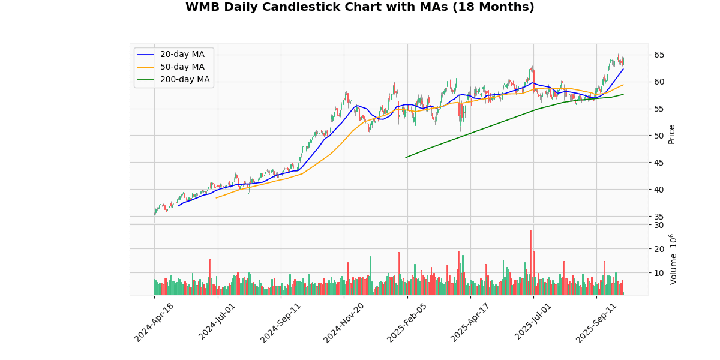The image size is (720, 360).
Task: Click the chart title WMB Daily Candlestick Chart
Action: [x=359, y=7]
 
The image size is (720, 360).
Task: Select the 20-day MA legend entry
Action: [x=182, y=55]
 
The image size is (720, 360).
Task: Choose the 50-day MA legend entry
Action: [x=182, y=67]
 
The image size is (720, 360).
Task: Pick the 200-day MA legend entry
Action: [x=184, y=80]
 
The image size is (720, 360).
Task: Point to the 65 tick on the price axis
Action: [x=659, y=55]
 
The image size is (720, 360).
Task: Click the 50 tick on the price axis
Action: [x=659, y=136]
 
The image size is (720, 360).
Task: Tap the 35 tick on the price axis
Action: [x=659, y=217]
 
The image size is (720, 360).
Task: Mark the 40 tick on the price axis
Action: [x=659, y=190]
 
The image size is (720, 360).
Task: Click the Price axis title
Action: [x=672, y=134]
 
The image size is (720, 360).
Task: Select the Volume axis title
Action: [x=673, y=259]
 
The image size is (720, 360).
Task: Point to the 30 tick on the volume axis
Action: [x=659, y=225]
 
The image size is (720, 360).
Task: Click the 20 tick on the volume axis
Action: [x=659, y=249]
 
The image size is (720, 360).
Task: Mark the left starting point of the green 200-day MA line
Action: [x=406, y=158]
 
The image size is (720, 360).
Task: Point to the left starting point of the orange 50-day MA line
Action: [x=217, y=198]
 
